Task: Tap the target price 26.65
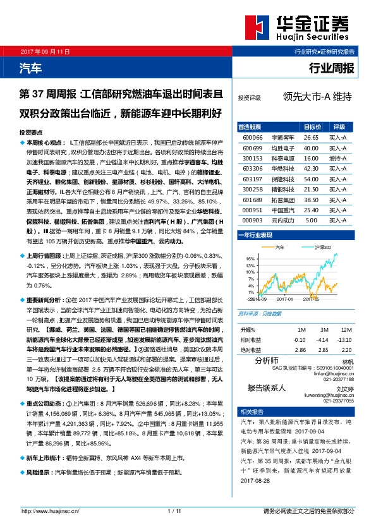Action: click(x=311, y=136)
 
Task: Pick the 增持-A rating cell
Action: click(x=337, y=158)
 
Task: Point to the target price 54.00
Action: click(x=311, y=179)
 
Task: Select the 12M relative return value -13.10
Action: click(x=344, y=339)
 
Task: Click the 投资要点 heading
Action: click(x=31, y=133)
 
